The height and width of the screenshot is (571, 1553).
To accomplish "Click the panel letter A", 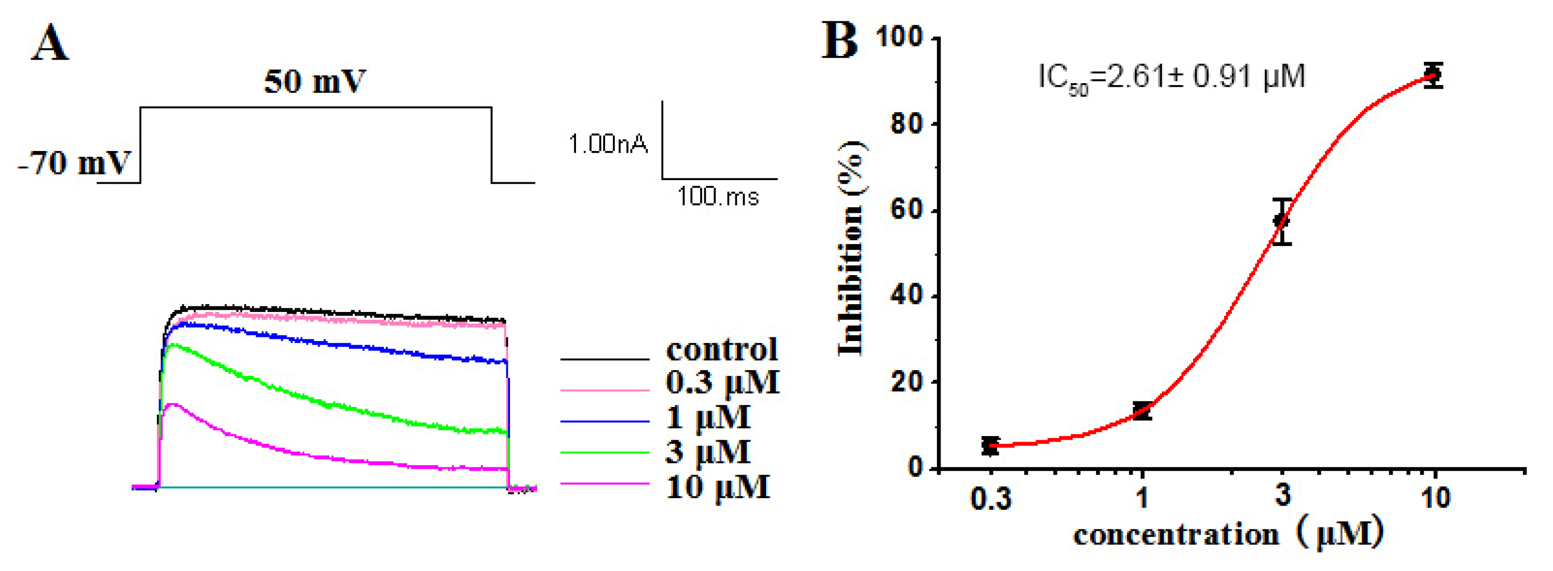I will coord(50,44).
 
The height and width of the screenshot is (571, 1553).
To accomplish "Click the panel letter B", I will coord(839,41).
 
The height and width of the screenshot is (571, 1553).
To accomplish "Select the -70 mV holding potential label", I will coord(74,162).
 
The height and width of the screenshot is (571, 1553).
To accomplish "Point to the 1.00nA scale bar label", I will coord(608,144).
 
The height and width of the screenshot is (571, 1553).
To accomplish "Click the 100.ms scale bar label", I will coord(717,196).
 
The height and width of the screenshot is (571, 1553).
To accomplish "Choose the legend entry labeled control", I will coord(721,349).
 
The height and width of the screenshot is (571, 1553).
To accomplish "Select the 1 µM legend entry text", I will coord(708,417).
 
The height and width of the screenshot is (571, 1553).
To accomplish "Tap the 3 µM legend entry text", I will coord(708,451).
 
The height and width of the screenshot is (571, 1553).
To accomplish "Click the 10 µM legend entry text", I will coord(717,487).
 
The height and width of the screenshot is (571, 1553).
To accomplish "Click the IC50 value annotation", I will coord(1171,78).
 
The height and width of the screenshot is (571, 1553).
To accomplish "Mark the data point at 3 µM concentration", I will coord(1282,221).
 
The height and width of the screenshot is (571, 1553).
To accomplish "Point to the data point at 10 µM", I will coord(1434,75).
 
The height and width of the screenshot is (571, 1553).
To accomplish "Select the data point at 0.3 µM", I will coord(990,446).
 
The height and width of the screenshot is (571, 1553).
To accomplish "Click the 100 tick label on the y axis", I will coord(899,37).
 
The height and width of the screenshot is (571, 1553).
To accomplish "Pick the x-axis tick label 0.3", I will coord(990,498).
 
